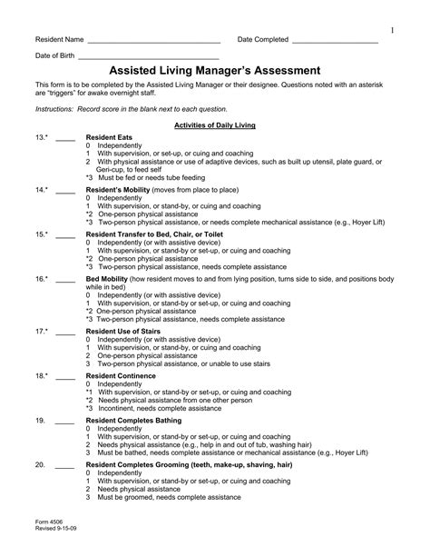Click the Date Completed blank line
point(335,43)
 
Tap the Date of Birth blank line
point(149,58)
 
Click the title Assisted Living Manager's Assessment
point(214,70)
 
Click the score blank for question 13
point(65,138)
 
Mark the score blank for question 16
point(65,280)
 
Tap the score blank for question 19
point(65,423)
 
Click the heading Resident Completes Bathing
point(142,421)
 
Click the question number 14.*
point(42,190)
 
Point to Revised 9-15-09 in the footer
point(53,527)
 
